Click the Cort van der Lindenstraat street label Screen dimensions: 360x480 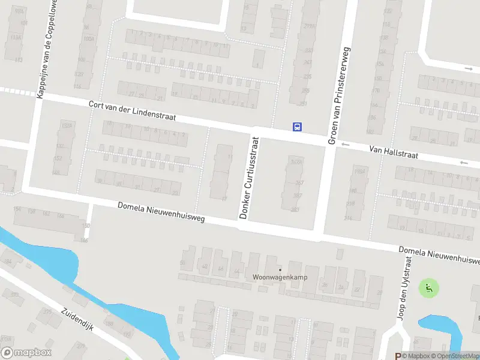click(x=132, y=111)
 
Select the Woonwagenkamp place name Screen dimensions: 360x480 click(x=275, y=278)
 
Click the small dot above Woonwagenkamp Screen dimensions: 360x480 click(x=280, y=269)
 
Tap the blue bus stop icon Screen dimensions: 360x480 click(x=296, y=127)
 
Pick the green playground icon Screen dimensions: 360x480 click(x=428, y=289)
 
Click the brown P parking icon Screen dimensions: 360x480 click(x=397, y=356)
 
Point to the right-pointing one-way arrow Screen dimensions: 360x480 click(x=468, y=68)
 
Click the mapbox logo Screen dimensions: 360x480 click(x=26, y=353)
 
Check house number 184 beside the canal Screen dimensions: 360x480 click(x=8, y=262)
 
